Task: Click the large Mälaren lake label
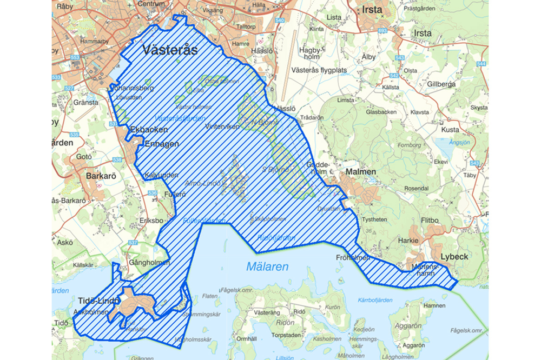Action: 267,266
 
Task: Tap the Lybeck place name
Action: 454,256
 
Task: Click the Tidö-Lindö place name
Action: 98,301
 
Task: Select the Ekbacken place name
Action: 149,130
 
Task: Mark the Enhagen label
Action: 162,144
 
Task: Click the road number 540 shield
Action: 279,20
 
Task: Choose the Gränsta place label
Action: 85,102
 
